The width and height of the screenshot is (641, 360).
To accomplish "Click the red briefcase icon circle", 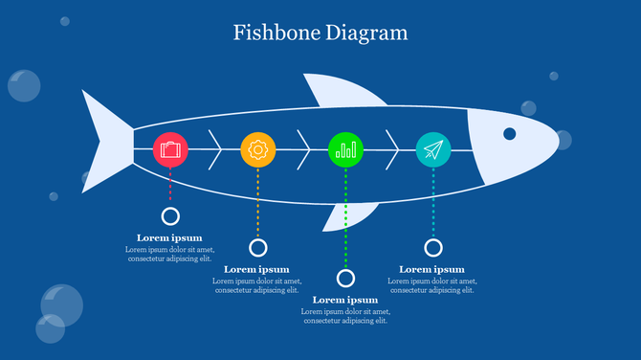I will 170,149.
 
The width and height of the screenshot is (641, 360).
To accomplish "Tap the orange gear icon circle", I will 257,149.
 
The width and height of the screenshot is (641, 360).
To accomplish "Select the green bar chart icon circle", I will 345,149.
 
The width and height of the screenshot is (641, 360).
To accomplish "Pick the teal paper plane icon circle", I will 433,149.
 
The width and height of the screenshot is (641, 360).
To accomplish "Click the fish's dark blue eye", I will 510,133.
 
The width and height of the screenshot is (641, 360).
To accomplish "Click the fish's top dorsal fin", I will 338,91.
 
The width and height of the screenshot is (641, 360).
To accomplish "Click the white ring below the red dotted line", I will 170,216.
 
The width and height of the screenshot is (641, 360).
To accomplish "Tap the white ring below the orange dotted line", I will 257,247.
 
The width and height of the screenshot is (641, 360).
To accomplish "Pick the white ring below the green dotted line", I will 345,278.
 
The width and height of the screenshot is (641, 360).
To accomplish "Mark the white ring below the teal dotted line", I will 433,247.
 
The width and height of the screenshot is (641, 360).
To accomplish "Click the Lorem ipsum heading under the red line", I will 169,237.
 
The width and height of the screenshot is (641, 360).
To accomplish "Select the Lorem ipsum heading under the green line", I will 345,300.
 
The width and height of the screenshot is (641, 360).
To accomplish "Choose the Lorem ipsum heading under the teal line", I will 431,269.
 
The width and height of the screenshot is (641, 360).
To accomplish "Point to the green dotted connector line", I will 345,220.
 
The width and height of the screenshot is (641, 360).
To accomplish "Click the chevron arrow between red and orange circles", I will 215,149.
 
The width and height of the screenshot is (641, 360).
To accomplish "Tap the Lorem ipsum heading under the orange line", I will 256,269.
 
